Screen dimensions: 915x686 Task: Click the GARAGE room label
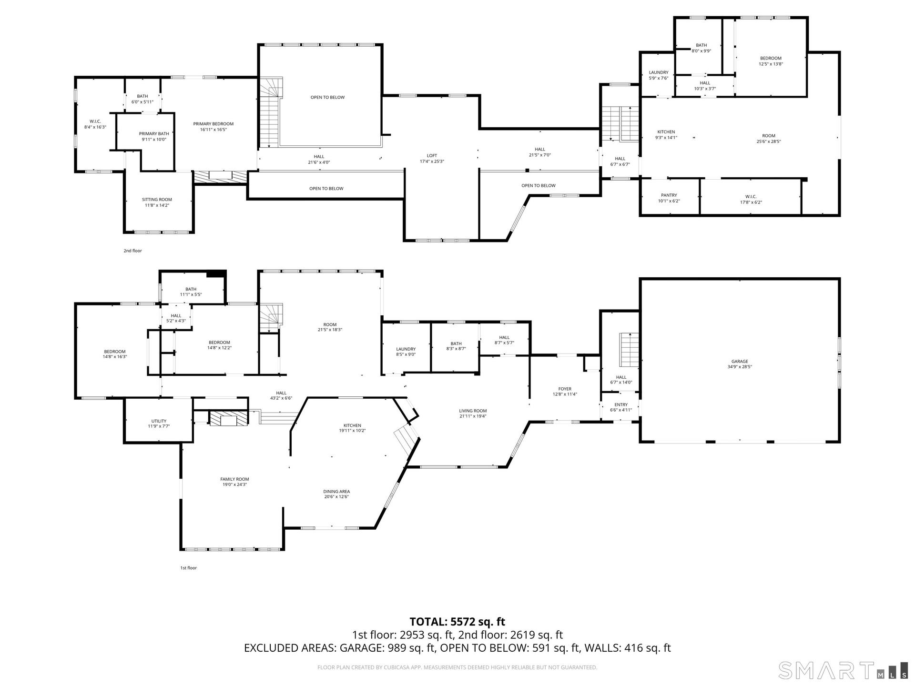(740, 362)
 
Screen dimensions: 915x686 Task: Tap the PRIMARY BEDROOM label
(213, 124)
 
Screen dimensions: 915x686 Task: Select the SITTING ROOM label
(157, 200)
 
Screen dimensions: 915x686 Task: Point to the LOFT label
(432, 156)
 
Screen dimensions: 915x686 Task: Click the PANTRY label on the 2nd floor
(669, 195)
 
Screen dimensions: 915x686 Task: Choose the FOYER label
(565, 389)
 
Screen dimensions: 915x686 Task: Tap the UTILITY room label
(159, 421)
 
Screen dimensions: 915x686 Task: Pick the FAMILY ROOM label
(234, 479)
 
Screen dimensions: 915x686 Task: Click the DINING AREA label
(337, 492)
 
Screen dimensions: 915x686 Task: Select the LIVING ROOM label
(473, 411)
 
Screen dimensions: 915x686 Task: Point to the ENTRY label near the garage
(621, 405)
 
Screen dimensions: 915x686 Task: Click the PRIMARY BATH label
(154, 134)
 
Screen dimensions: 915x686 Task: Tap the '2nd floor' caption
(132, 251)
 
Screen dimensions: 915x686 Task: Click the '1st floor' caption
(188, 568)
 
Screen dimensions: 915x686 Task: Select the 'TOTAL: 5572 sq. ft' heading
(457, 622)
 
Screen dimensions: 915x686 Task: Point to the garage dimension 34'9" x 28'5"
(740, 367)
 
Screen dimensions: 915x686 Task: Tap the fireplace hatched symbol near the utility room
(229, 419)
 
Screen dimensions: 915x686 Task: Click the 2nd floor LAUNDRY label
(659, 72)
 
